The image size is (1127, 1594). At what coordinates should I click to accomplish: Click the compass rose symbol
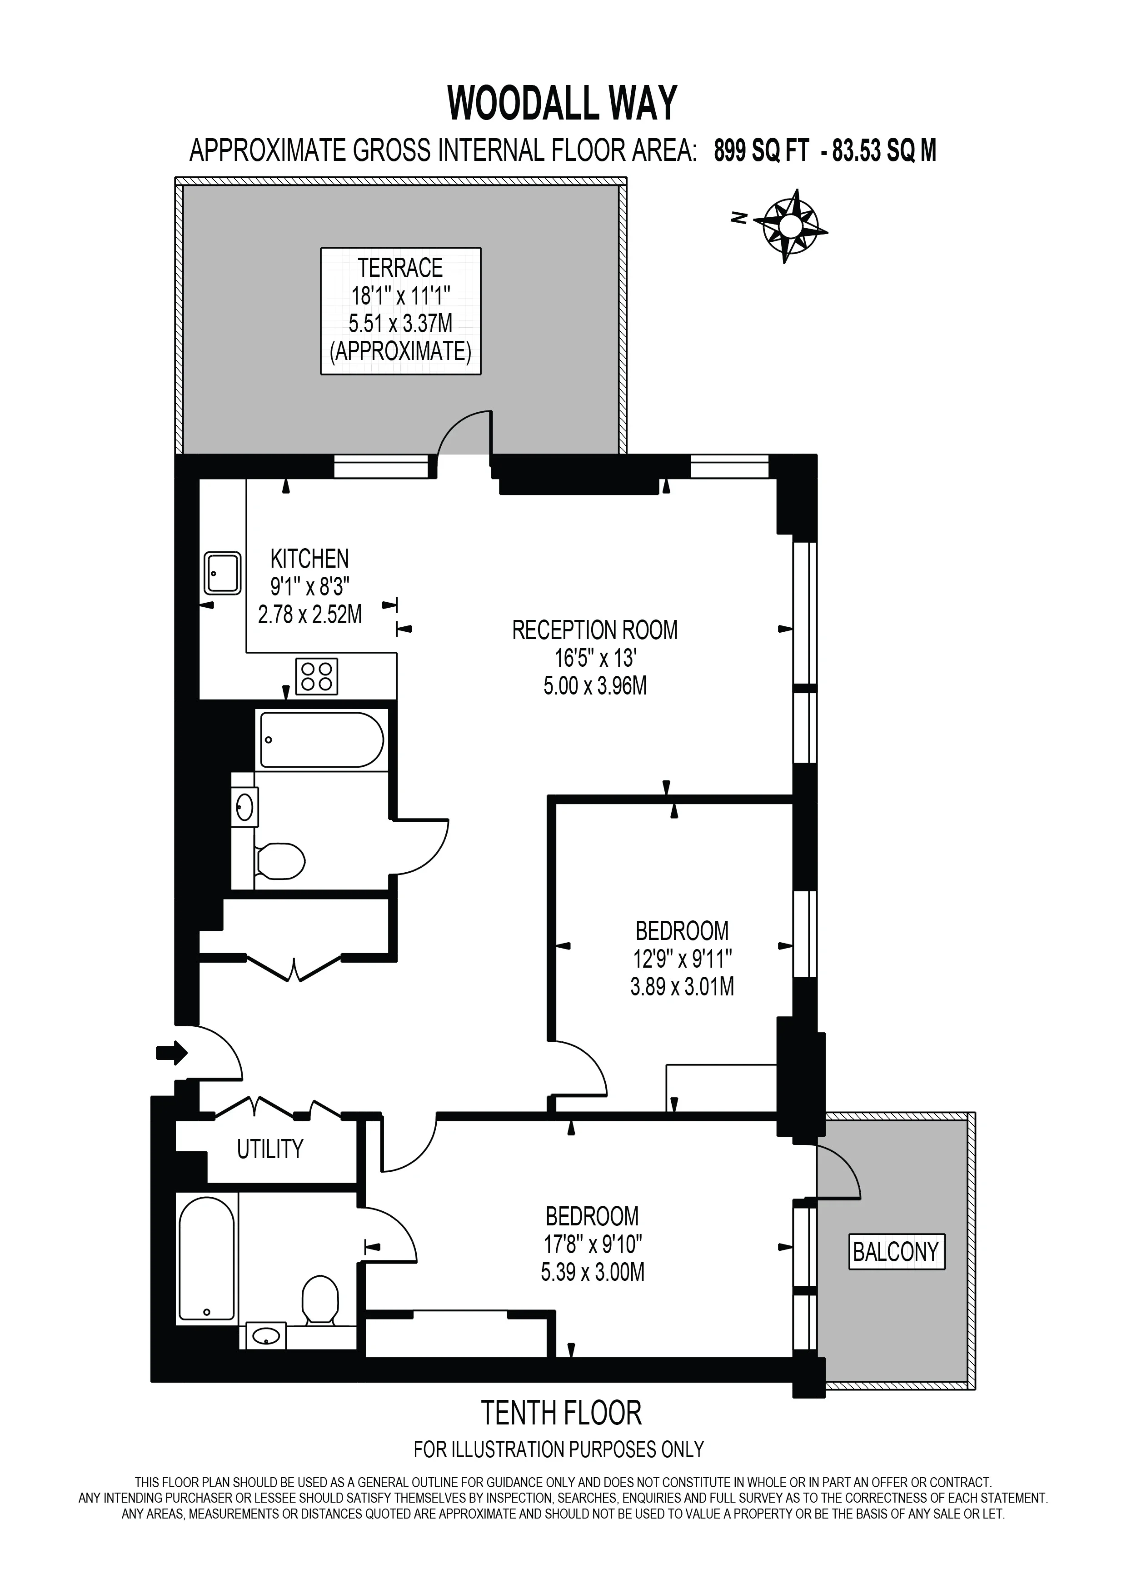coord(790,226)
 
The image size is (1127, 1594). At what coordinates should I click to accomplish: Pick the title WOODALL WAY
coord(562,104)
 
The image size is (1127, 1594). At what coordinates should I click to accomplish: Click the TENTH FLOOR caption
coord(561,1413)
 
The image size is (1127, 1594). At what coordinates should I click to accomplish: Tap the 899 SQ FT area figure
coord(761,150)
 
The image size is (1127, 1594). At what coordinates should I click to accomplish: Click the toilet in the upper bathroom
coord(279,862)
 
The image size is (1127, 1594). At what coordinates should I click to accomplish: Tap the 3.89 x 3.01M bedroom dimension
coord(682,986)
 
